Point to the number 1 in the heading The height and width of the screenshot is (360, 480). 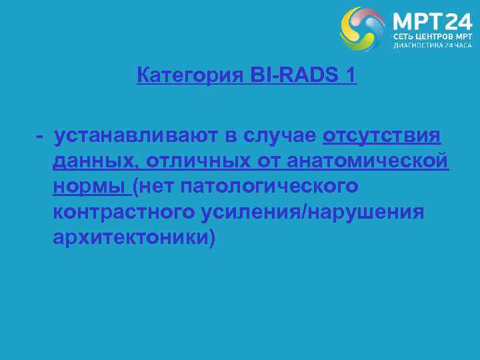(x=351, y=76)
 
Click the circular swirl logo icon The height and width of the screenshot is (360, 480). (x=363, y=29)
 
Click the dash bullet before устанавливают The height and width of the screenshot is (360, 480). (x=41, y=136)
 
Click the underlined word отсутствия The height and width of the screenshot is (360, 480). (x=382, y=136)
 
